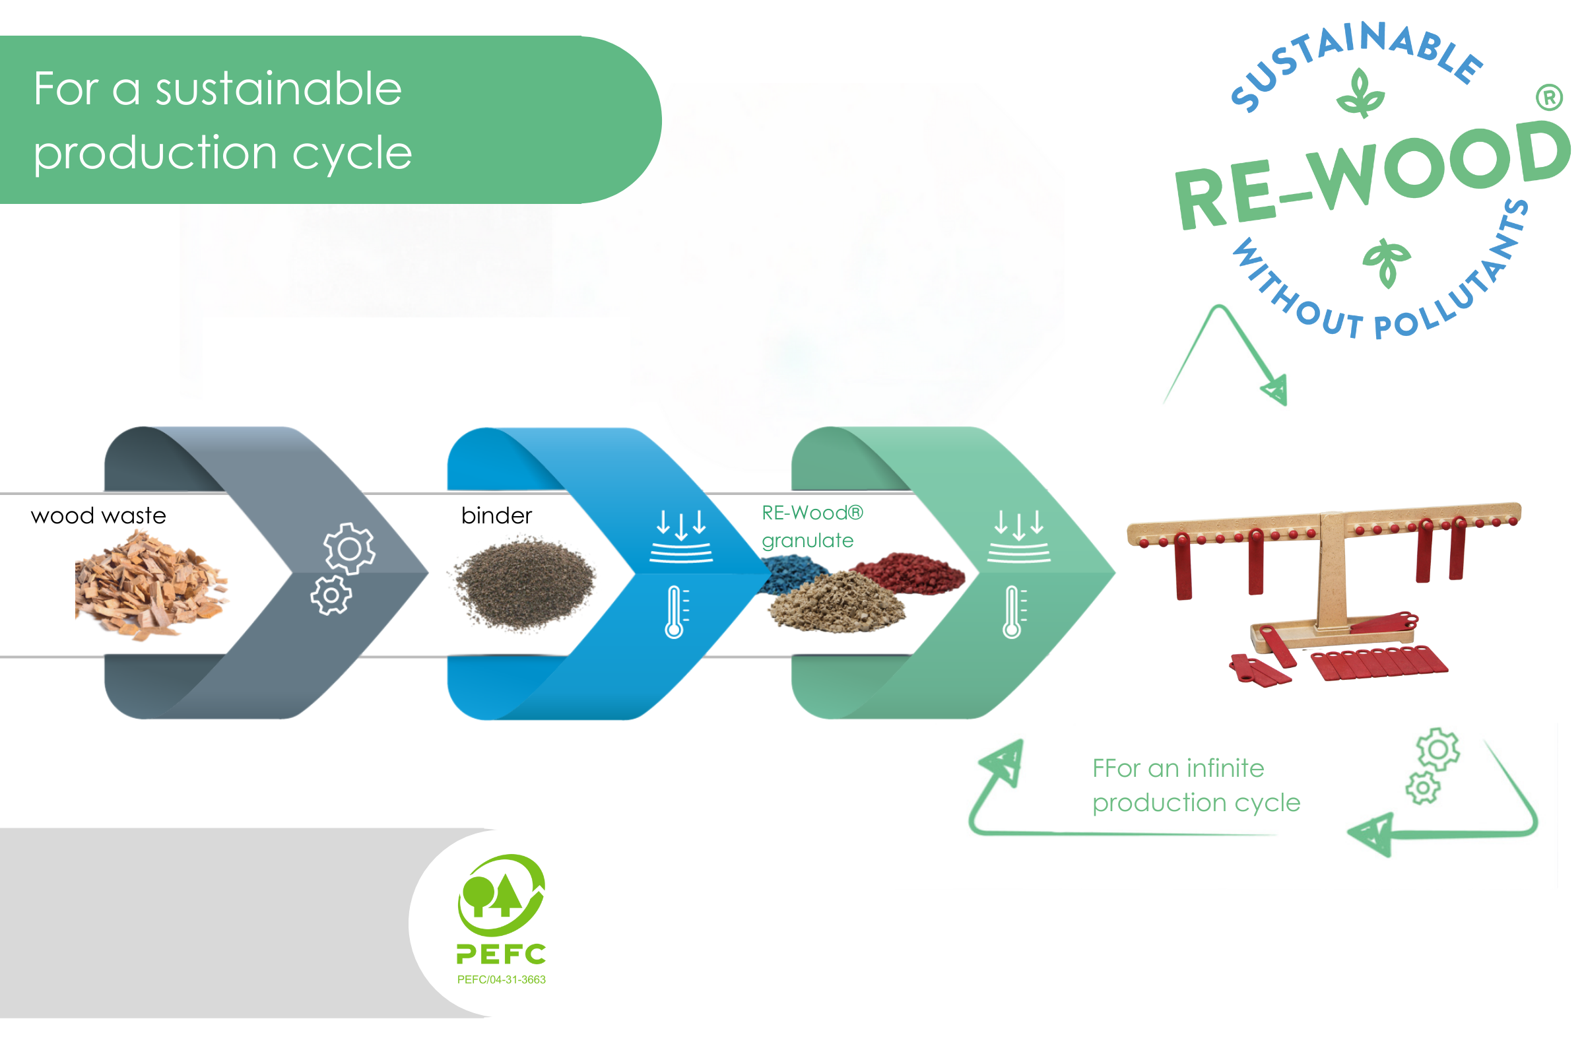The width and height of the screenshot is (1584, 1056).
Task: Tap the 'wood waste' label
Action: (x=98, y=516)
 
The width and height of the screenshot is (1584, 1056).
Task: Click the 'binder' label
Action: (x=496, y=516)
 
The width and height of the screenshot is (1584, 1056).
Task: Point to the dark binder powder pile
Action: (x=524, y=583)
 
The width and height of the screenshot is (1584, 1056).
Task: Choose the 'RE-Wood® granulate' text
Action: (x=812, y=527)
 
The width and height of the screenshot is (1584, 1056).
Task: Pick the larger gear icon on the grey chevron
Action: (x=349, y=549)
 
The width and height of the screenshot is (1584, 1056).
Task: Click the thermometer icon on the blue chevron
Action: (x=675, y=612)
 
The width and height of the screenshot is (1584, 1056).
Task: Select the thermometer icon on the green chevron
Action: (x=1012, y=612)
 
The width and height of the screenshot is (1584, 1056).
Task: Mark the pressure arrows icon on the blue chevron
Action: (x=681, y=536)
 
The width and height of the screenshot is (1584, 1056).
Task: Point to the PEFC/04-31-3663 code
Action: (x=501, y=980)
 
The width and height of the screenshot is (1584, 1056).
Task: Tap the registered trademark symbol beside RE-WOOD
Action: (x=1549, y=98)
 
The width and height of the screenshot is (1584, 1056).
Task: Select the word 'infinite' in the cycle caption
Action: (x=1225, y=768)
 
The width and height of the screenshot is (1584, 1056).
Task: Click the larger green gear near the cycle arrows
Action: (x=1437, y=749)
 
